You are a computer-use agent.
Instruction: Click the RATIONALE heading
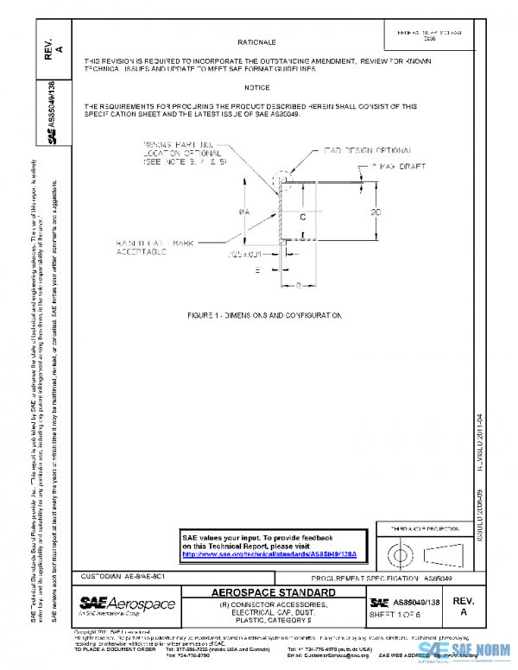coord(256,41)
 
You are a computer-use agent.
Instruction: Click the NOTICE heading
coord(256,87)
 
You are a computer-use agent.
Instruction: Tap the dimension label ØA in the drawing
coord(246,212)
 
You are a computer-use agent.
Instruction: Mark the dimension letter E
coord(256,269)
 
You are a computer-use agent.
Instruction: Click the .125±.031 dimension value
coord(244,255)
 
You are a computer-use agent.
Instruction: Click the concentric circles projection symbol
coord(401,550)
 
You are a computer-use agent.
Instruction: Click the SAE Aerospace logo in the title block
coord(127,603)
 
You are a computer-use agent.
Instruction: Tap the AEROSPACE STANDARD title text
coord(274,592)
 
